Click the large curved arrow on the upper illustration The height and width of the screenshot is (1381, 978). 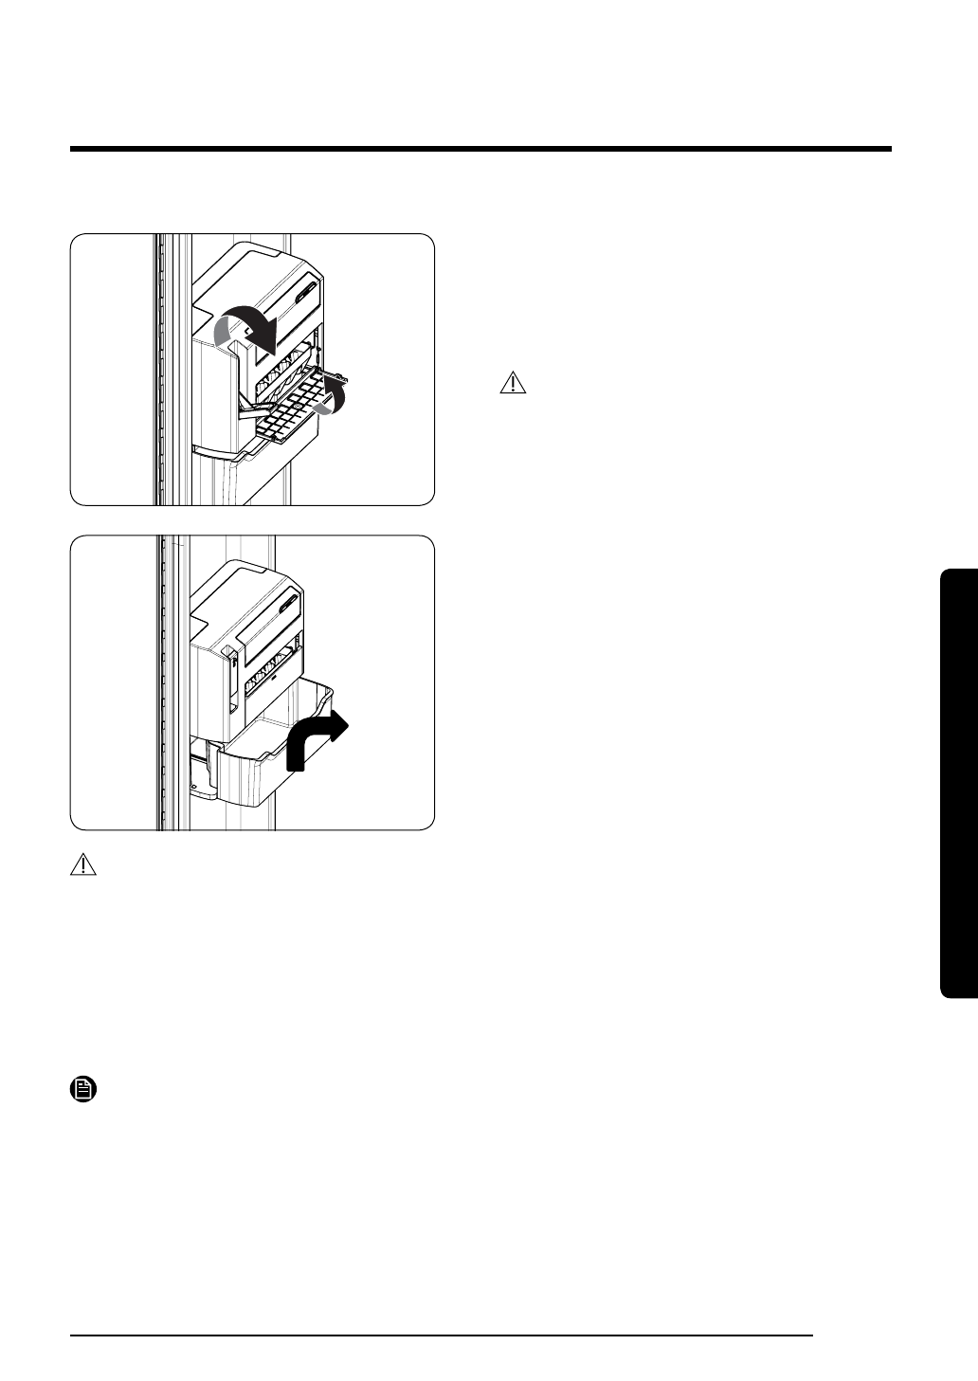(248, 328)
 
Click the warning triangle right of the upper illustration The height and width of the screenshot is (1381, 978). (512, 383)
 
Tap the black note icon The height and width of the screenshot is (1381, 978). (83, 1090)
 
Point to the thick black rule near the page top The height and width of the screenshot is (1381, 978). (480, 149)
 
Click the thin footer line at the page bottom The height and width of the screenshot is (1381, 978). (443, 1336)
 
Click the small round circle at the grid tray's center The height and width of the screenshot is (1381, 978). (297, 405)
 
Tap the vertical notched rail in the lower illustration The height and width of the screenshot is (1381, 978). (163, 682)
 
